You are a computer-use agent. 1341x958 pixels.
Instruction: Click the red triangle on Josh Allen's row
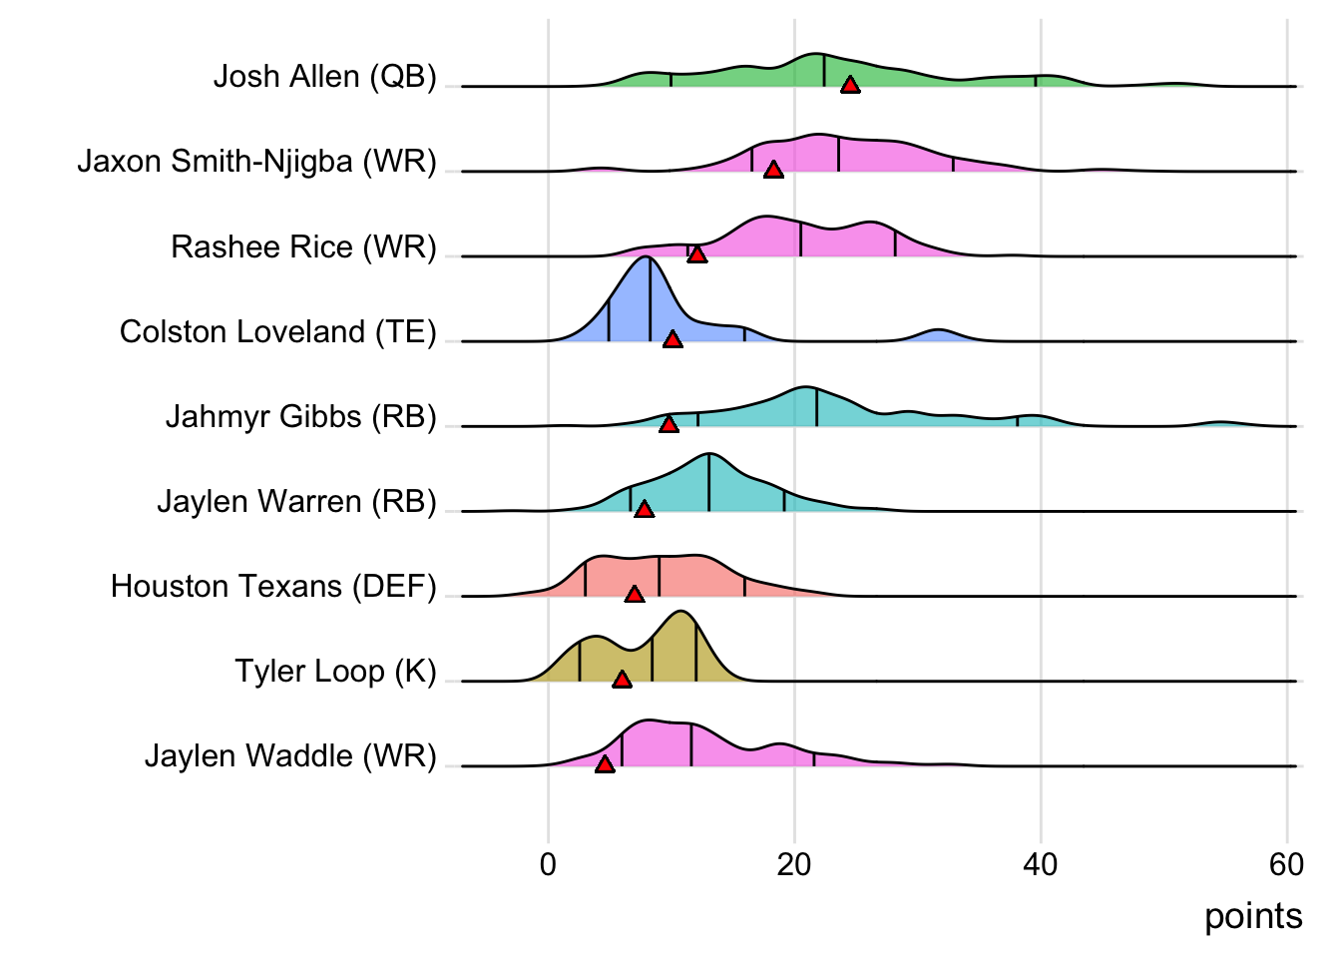tap(850, 85)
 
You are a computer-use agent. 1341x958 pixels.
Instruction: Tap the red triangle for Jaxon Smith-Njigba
tap(773, 170)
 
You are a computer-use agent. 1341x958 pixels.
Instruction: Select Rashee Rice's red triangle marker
tap(697, 254)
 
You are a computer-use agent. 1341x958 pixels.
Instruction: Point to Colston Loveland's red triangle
tap(673, 339)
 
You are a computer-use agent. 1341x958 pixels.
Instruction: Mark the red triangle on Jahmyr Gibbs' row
tap(670, 424)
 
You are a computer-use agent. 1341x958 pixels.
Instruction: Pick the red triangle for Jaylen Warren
tap(645, 509)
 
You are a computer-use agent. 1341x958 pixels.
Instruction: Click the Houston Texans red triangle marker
tap(635, 594)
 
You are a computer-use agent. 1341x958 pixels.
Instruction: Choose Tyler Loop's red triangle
tap(623, 680)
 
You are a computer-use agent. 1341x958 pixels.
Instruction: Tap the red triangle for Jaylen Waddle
tap(605, 764)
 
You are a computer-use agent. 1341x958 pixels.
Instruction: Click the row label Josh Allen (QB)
tap(324, 77)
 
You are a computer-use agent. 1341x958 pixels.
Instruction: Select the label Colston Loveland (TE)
tap(277, 331)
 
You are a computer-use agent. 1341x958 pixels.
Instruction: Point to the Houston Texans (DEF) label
tap(273, 586)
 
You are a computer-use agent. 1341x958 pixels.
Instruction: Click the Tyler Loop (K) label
tap(335, 671)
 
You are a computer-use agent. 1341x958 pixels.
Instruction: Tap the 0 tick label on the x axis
tap(548, 864)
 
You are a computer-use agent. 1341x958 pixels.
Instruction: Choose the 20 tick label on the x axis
tap(794, 864)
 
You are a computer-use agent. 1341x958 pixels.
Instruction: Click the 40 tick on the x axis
tap(1040, 864)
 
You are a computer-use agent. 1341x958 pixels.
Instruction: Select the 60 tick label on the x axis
tap(1286, 864)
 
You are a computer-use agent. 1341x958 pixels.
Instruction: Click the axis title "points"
tap(1253, 916)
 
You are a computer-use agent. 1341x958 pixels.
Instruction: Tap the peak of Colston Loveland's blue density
tap(648, 258)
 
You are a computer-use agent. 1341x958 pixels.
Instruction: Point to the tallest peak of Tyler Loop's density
tap(680, 613)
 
